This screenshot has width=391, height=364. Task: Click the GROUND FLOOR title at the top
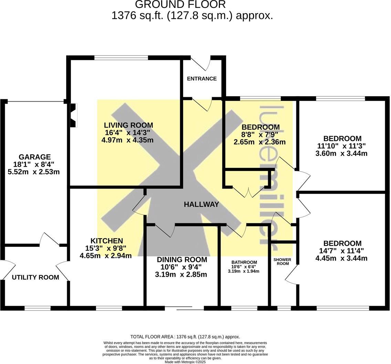click(x=180, y=5)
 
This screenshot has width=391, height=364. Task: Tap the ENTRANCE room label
click(x=202, y=79)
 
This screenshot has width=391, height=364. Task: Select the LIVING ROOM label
click(x=128, y=125)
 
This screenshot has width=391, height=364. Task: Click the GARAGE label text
click(x=34, y=157)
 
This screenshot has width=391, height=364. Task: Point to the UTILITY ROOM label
click(x=35, y=277)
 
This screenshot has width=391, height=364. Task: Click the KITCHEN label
click(x=106, y=241)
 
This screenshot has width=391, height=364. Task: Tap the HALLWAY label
click(x=201, y=204)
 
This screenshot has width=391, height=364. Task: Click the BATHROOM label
click(x=244, y=262)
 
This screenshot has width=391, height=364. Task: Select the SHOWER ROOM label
click(x=282, y=262)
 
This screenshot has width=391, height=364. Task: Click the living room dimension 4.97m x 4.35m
click(x=127, y=140)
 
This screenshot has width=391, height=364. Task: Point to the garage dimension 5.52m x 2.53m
click(x=34, y=172)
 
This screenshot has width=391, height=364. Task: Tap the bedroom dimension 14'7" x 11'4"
click(x=341, y=251)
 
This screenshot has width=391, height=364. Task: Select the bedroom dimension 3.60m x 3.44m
click(x=341, y=153)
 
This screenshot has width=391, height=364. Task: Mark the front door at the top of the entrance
click(x=201, y=62)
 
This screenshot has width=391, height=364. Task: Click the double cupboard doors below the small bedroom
click(x=249, y=192)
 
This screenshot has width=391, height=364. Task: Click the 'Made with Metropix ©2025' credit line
click(x=185, y=362)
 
